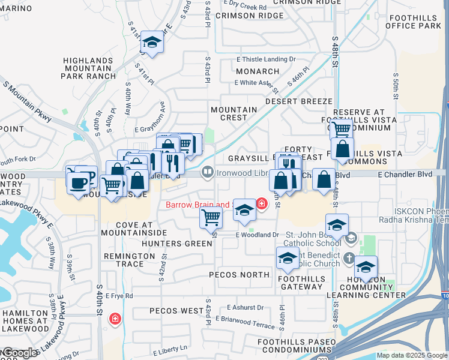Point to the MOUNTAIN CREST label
pos(234,113)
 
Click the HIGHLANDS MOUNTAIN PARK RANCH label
pos(89,68)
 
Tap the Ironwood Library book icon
pos(207,173)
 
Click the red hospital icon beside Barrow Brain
pos(261,204)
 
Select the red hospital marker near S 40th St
pos(114,319)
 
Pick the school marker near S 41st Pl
pos(152,43)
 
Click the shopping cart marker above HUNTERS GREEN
pos(211,217)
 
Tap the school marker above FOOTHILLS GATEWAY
pos(288,258)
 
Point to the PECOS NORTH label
pos(239,274)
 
